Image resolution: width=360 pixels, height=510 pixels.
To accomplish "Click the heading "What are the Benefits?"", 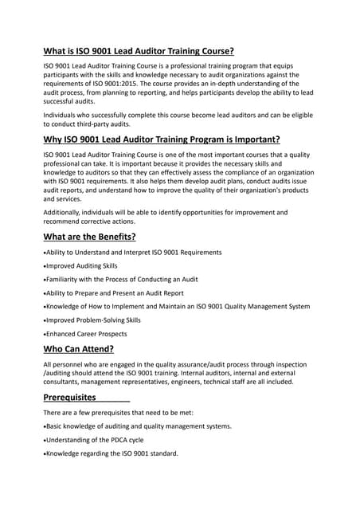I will coord(89,236).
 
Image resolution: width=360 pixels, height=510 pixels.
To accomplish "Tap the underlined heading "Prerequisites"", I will coord(69,397).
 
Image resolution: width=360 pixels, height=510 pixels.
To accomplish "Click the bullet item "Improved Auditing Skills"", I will coord(81,265).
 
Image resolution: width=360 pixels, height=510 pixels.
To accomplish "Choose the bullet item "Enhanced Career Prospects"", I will coord(88,333).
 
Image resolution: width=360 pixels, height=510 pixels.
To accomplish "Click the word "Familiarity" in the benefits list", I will coord(68,279).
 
